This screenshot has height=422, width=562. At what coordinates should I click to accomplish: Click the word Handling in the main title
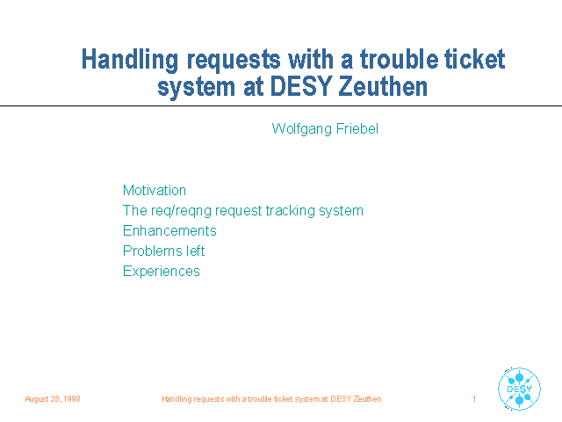pyautogui.click(x=130, y=60)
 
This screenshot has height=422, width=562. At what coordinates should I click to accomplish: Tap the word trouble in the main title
pyautogui.click(x=399, y=59)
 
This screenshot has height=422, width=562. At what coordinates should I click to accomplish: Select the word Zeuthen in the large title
pyautogui.click(x=383, y=86)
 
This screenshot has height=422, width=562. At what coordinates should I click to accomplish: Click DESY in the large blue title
pyautogui.click(x=300, y=86)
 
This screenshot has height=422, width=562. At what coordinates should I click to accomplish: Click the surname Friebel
pyautogui.click(x=357, y=128)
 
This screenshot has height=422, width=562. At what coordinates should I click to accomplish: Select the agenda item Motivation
pyautogui.click(x=155, y=190)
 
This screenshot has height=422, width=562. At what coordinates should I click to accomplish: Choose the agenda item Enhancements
pyautogui.click(x=169, y=230)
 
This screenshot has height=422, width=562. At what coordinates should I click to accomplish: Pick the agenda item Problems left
pyautogui.click(x=164, y=251)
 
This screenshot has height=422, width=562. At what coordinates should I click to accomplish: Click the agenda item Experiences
pyautogui.click(x=162, y=272)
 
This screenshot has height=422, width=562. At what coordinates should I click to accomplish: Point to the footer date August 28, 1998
pyautogui.click(x=53, y=399)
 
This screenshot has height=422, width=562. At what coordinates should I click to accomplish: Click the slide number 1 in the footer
pyautogui.click(x=474, y=398)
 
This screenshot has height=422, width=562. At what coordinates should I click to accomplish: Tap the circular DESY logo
pyautogui.click(x=519, y=389)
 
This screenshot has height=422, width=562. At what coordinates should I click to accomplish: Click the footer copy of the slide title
pyautogui.click(x=271, y=399)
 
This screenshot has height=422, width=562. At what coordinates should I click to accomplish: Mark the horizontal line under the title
pyautogui.click(x=281, y=105)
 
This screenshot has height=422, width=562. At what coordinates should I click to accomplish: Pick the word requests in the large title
pyautogui.click(x=234, y=61)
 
